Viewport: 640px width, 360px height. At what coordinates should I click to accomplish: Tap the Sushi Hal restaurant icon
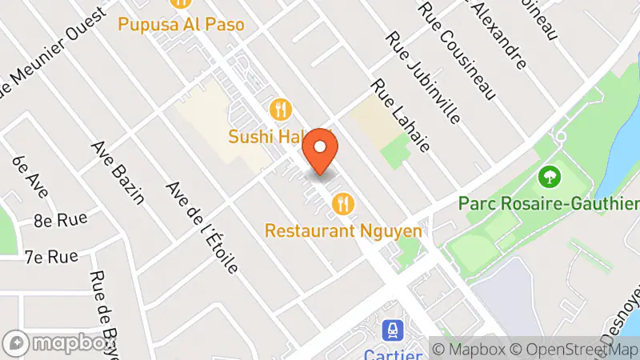click(280, 108)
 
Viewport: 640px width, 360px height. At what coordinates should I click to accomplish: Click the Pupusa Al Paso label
click(181, 24)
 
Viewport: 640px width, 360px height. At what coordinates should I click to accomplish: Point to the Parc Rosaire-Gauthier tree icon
click(549, 175)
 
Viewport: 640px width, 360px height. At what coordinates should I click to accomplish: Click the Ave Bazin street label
click(118, 172)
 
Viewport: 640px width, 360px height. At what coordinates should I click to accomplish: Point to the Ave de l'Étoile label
click(202, 226)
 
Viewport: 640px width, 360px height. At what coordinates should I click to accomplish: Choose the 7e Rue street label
click(51, 257)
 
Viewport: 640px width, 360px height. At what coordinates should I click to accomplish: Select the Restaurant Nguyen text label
click(343, 230)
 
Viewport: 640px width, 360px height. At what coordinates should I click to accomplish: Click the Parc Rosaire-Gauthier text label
click(549, 202)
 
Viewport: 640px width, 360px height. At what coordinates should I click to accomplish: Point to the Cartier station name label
click(392, 354)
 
